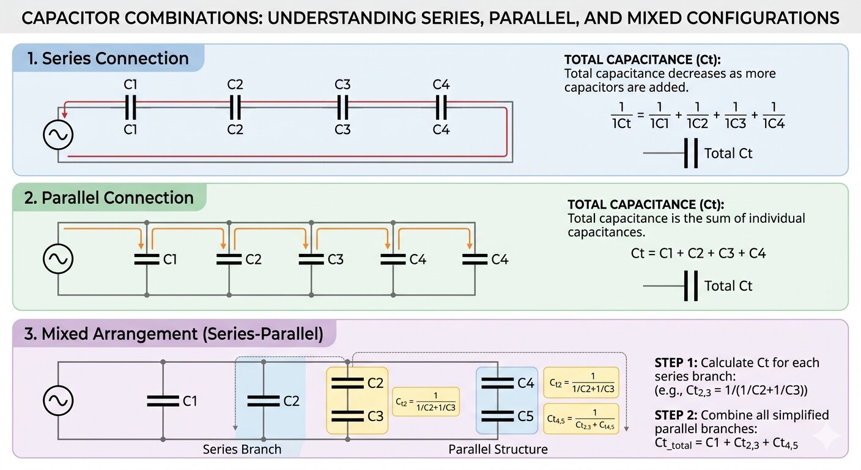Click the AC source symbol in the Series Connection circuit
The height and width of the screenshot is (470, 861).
[x=58, y=135]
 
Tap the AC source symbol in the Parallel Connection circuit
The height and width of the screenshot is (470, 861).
[x=58, y=259]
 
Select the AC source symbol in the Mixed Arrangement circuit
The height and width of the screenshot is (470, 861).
[x=58, y=400]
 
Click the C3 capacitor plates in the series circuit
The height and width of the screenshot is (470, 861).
[x=342, y=108]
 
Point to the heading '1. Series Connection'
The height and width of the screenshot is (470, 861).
[x=108, y=59]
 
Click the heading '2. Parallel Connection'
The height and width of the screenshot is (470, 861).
[x=109, y=198]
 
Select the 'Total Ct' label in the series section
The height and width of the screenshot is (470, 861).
[x=728, y=154]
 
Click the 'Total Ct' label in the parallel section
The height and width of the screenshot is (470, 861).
[x=728, y=286]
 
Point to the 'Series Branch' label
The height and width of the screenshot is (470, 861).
[x=242, y=449]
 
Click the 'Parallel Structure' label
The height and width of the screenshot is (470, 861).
[x=498, y=449]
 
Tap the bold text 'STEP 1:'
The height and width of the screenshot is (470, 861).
[x=676, y=363]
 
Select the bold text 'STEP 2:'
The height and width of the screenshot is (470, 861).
[x=676, y=415]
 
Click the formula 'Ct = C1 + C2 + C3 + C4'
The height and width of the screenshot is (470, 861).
[x=698, y=253]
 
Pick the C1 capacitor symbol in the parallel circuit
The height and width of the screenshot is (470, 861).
[x=147, y=259]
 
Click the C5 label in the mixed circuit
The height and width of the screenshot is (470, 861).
[x=525, y=416]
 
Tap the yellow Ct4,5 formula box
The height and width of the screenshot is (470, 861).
[x=581, y=419]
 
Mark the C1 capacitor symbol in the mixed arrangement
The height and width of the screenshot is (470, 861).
[x=163, y=401]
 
